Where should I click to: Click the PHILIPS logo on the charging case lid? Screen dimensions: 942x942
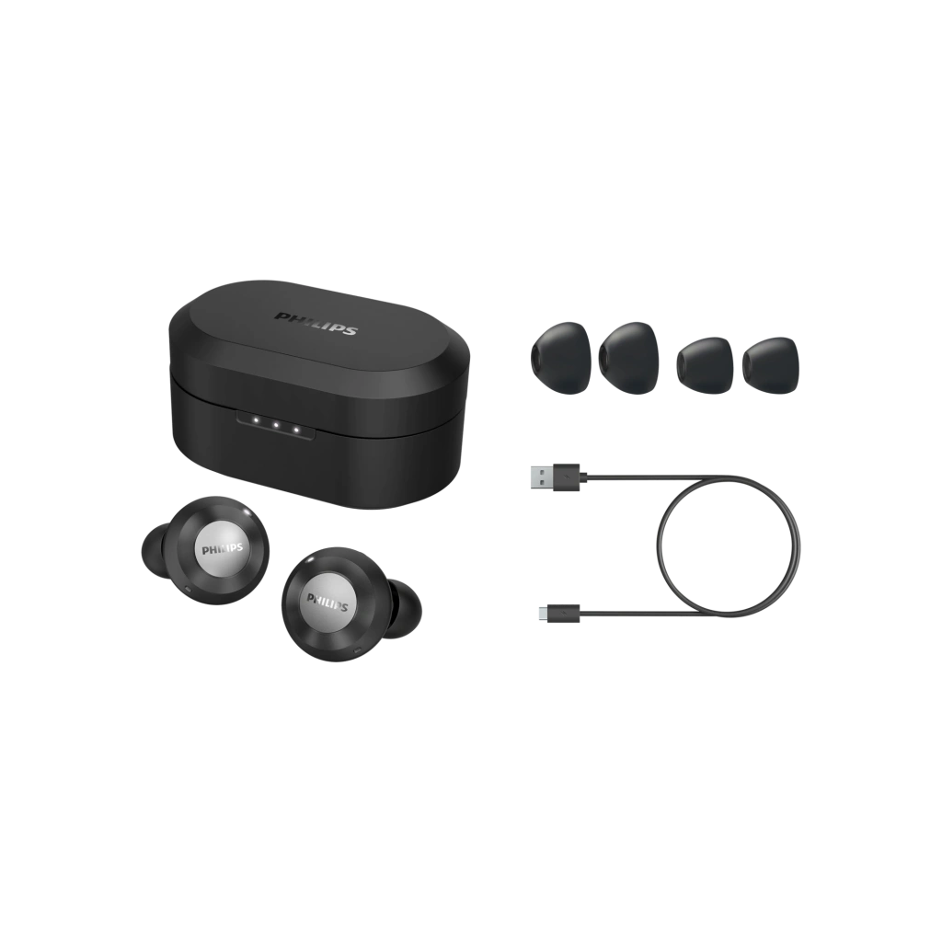316,324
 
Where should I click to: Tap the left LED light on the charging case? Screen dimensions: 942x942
256,419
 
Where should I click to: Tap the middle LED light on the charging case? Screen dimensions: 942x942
276,425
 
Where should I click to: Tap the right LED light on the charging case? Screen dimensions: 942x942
295,430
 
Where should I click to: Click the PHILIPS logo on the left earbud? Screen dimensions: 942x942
223,548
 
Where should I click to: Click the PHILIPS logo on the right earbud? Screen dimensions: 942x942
327,602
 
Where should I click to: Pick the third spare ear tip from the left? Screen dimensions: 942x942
705,362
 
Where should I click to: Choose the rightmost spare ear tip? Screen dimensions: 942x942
771,362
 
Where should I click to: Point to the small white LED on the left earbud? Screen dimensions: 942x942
247,511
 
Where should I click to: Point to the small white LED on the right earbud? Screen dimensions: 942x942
309,560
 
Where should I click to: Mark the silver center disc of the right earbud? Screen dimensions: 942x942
327,602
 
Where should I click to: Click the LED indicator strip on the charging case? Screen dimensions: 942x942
276,425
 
